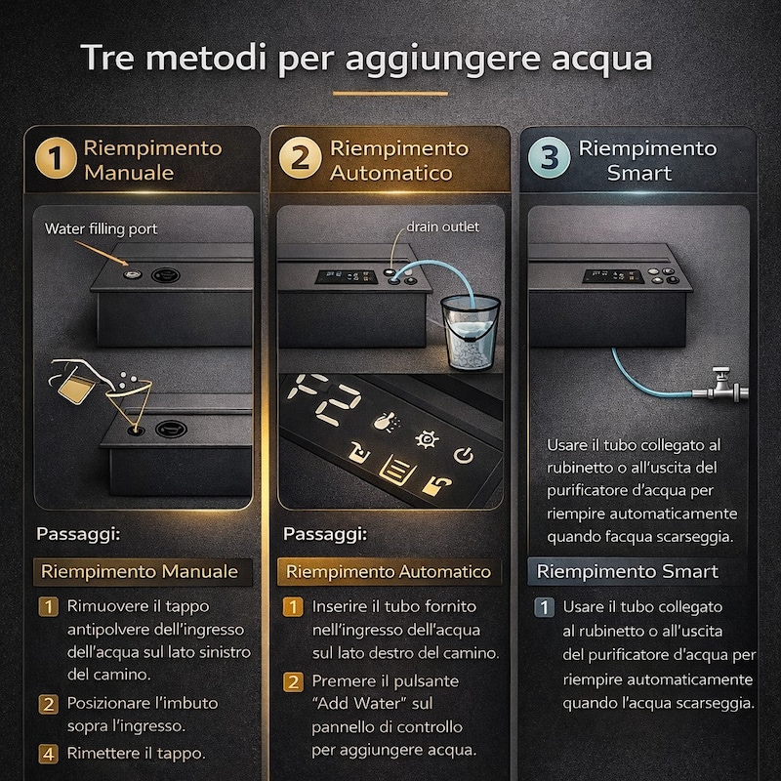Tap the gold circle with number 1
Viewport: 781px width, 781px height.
pos(57,160)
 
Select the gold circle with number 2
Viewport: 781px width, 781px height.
pos(301,160)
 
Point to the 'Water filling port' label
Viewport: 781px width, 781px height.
pos(101,228)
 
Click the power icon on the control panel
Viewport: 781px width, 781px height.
pos(463,455)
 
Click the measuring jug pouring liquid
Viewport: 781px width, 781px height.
pos(71,385)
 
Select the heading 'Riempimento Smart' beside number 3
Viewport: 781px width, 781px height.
pos(647,160)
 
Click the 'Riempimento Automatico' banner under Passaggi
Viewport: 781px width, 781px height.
pos(388,571)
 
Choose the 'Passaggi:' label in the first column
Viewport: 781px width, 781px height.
pos(79,534)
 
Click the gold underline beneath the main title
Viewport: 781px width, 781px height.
pos(390,94)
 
